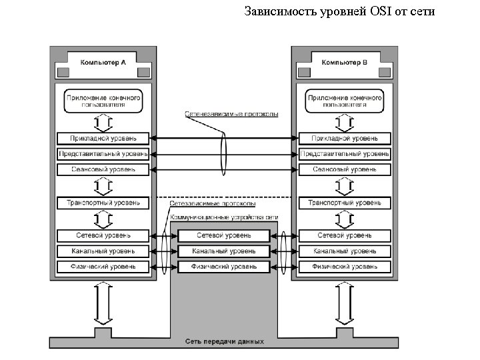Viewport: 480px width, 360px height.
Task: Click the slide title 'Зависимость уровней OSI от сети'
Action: [x=339, y=11]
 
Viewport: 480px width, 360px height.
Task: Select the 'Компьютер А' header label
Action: [x=103, y=63]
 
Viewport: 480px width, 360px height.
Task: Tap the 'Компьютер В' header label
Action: [x=344, y=63]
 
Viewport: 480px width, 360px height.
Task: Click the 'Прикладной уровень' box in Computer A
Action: [x=103, y=139]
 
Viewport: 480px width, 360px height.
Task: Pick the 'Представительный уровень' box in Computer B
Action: [x=344, y=154]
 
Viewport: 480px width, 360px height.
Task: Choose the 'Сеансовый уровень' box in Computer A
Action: [x=103, y=169]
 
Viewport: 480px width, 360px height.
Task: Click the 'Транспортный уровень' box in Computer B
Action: [x=344, y=202]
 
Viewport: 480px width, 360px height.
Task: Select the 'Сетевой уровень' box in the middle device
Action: [x=224, y=235]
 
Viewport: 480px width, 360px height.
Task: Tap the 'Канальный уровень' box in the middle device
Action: [x=224, y=251]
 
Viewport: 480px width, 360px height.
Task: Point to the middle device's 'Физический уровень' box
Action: [x=224, y=267]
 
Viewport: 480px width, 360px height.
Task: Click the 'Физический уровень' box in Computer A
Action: [x=103, y=267]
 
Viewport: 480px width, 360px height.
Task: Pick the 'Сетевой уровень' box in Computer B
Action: [x=344, y=235]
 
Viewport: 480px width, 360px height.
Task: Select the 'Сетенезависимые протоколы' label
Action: [x=231, y=114]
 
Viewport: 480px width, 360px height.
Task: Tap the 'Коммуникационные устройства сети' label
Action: [x=224, y=217]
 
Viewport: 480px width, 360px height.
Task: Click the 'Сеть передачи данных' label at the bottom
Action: [x=224, y=341]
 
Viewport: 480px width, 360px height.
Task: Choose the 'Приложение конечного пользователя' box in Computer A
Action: [x=103, y=101]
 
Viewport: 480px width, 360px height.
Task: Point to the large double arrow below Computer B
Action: [x=344, y=303]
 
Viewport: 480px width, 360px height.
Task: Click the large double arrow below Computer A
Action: [x=103, y=303]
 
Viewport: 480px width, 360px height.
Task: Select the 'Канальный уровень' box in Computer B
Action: [x=344, y=251]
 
